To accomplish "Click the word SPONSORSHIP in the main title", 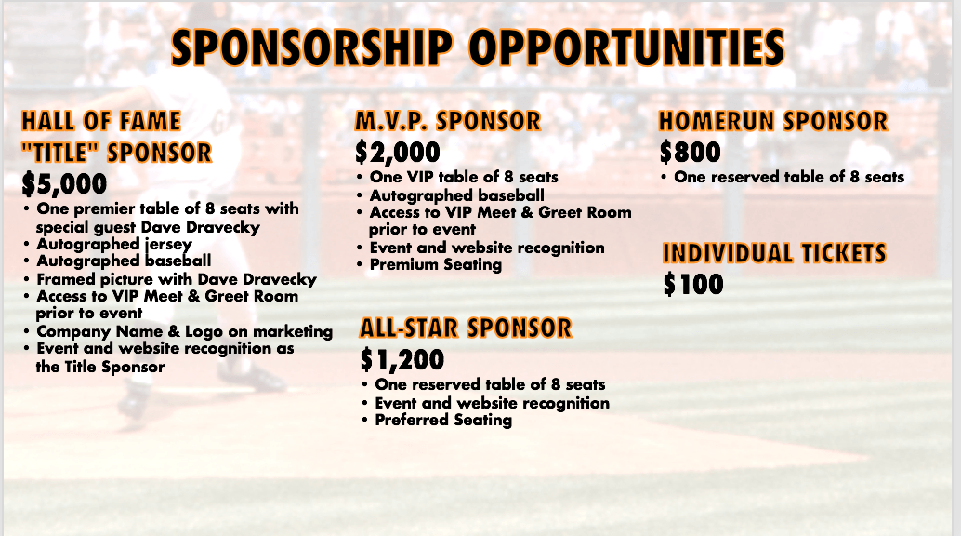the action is click(x=311, y=47).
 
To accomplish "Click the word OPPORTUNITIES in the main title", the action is click(x=627, y=47).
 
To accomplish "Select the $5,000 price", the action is click(x=64, y=184).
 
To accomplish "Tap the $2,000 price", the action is click(x=398, y=153).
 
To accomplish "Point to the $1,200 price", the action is click(x=402, y=360).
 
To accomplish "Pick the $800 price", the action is click(x=691, y=152).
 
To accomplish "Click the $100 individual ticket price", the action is click(x=693, y=284).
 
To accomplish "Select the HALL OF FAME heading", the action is click(x=101, y=121).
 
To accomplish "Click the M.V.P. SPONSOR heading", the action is click(x=448, y=121).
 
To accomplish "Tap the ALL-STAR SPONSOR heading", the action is click(x=466, y=328).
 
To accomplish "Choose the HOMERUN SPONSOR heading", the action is click(x=773, y=121).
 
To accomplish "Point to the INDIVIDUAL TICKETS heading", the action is click(x=775, y=253).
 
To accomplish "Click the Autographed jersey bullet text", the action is click(x=114, y=245).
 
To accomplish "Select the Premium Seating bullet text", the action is click(x=436, y=264).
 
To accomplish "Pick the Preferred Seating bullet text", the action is click(x=443, y=420).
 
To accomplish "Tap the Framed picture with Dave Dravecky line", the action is click(x=177, y=279).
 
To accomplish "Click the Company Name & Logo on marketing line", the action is click(x=184, y=331).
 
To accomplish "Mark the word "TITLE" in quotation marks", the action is click(x=61, y=153).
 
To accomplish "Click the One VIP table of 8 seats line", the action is click(x=464, y=177).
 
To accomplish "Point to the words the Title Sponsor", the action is click(x=99, y=368).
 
